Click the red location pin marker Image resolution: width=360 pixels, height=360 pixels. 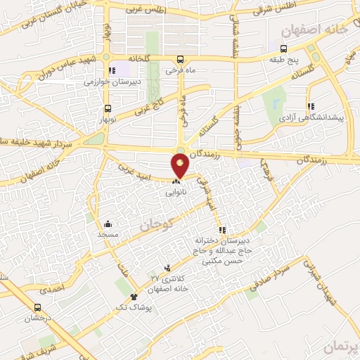click(181, 166)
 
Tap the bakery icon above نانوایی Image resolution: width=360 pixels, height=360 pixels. click(175, 181)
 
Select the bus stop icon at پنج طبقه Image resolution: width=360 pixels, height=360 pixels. click(283, 49)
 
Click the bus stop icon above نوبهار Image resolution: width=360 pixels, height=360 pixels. click(108, 109)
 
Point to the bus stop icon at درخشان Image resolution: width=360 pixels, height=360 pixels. click(37, 307)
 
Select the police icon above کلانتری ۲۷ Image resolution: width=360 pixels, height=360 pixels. click(167, 267)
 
